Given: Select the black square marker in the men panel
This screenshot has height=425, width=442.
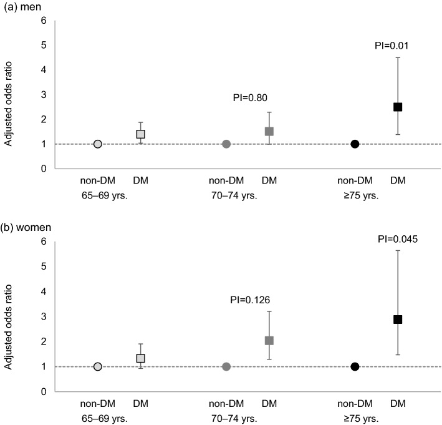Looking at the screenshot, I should tap(398, 107).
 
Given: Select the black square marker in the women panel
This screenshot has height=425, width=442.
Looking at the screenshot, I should tap(398, 320).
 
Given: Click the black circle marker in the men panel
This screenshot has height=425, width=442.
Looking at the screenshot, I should tap(355, 144).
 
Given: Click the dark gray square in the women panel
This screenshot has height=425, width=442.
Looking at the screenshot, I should tap(269, 341).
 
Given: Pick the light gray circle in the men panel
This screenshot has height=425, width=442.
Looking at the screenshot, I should tap(98, 144).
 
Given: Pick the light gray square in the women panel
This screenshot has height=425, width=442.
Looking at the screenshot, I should tap(141, 358).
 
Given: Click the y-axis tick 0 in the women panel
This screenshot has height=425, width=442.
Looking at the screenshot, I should tap(44, 392).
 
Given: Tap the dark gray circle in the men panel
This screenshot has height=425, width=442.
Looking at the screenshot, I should tap(226, 144).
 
